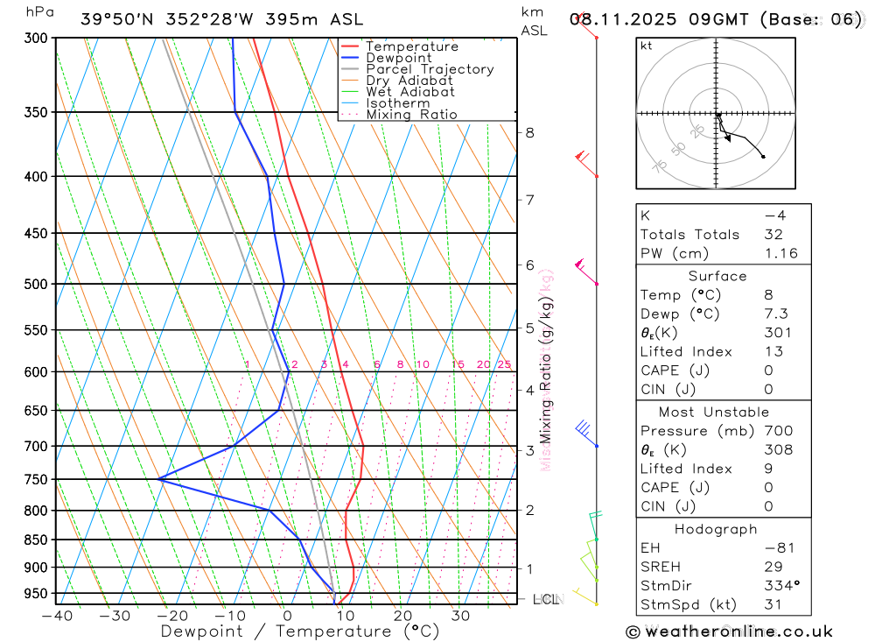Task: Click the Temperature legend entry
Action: coord(411,46)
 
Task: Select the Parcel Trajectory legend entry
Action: coord(429,69)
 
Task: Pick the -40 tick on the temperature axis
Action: coord(56,616)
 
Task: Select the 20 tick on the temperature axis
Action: coord(402,616)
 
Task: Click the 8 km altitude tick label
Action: coord(529,133)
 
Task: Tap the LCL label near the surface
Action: coord(546,600)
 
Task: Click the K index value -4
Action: coord(774,215)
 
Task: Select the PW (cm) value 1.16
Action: coord(780,253)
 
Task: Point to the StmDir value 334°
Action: coord(780,585)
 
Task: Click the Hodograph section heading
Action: coord(716,529)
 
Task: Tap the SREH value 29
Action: coord(773,567)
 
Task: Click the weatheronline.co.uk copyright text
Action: coord(730,631)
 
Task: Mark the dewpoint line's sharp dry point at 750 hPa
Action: coord(159,479)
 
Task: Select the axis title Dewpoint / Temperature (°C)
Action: coord(300,631)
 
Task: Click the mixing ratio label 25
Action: coord(504,364)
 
